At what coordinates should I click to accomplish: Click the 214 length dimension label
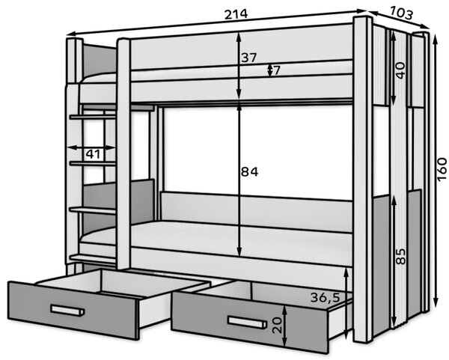236,14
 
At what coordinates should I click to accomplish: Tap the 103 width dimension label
401,13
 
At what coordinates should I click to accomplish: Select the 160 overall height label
442,168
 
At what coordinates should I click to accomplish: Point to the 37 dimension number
248,58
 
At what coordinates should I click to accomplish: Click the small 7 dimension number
276,70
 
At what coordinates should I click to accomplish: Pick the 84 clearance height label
249,172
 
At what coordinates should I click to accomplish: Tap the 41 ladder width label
94,154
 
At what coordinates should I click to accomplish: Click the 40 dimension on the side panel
401,70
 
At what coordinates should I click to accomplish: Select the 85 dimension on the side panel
401,256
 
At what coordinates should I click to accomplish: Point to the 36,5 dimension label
325,298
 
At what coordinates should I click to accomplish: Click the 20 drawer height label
278,325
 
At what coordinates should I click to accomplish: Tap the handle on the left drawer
67,311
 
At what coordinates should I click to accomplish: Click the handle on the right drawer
246,322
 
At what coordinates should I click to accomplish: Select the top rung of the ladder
93,117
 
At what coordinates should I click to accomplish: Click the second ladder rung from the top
93,163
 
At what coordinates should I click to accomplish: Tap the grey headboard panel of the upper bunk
100,59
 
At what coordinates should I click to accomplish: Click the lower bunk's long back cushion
256,212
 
